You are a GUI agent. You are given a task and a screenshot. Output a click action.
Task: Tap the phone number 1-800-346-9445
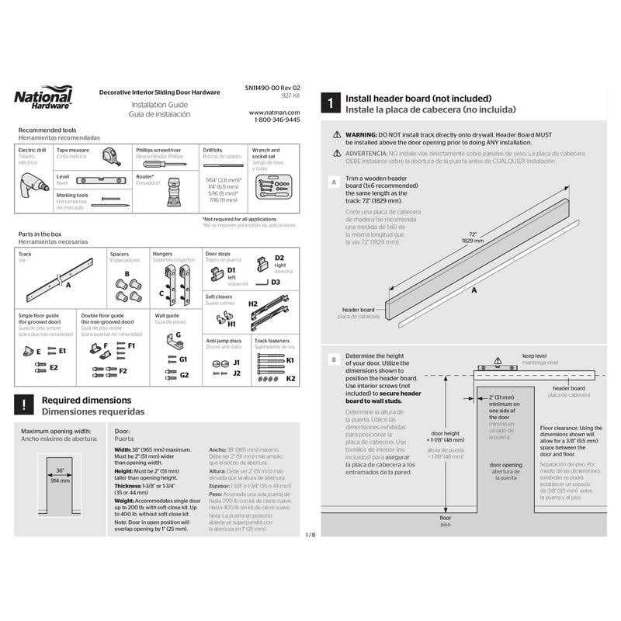tap(277, 120)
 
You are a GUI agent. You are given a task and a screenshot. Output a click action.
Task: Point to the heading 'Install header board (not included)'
tap(418, 99)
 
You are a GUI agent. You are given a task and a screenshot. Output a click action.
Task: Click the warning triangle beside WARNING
tap(337, 134)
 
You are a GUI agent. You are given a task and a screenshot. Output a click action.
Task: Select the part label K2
tap(290, 379)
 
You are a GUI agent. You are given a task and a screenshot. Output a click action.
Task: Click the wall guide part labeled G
tap(179, 335)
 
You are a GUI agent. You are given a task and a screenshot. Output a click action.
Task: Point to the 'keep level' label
tap(533, 356)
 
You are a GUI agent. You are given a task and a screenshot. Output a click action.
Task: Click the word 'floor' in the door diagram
tap(445, 517)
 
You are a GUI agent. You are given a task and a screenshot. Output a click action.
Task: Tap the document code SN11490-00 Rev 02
tap(277, 92)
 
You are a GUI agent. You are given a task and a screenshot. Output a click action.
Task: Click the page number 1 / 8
tap(310, 535)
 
